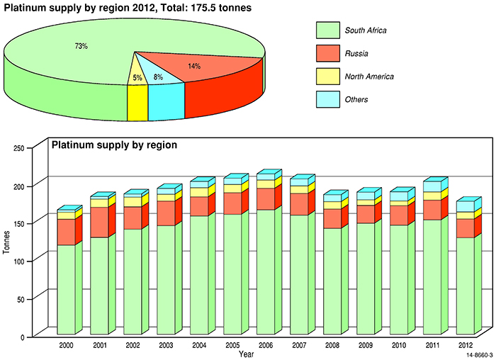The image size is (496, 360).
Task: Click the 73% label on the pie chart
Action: click(x=81, y=46)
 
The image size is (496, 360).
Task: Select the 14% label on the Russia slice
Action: click(x=193, y=66)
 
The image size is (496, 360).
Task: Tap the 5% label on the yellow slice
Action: click(x=137, y=77)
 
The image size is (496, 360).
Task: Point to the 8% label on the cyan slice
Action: click(x=158, y=77)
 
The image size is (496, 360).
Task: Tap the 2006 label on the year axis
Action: click(x=265, y=344)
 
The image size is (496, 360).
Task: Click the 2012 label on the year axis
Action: click(x=465, y=344)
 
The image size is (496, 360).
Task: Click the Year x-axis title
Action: click(x=247, y=353)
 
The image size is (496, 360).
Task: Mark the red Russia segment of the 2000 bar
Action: click(x=66, y=232)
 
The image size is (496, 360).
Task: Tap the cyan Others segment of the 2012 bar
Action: click(x=465, y=206)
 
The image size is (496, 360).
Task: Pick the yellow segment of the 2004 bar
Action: click(x=199, y=192)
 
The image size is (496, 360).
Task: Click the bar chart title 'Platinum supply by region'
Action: click(x=114, y=145)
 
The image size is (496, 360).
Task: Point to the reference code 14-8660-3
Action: click(x=479, y=354)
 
